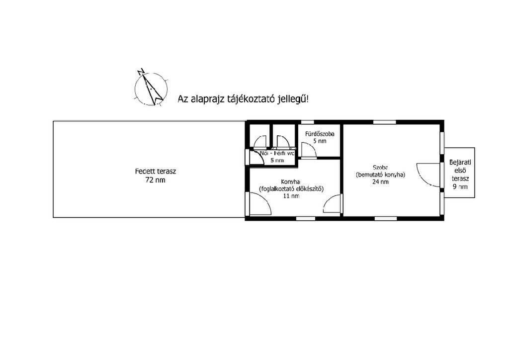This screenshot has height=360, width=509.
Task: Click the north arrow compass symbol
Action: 151,89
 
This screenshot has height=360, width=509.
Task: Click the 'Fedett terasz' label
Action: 156,172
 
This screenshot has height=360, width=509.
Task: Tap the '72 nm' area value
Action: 156,180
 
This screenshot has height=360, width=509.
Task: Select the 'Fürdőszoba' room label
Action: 320,134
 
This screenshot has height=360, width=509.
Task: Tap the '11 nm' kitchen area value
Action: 291,196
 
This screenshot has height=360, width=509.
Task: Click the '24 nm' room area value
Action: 380,182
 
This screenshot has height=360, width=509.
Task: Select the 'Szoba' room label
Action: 380,168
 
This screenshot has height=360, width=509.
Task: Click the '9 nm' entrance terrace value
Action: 460,186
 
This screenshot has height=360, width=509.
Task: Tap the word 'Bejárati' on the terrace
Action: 460,162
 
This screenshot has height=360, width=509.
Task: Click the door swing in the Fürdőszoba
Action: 308,150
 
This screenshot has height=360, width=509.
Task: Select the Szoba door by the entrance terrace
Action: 428,175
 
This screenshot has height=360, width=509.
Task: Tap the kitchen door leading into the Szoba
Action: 332,204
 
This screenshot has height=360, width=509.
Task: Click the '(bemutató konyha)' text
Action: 381,175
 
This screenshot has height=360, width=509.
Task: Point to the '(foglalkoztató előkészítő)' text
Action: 291,189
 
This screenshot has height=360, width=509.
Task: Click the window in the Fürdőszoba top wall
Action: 308,122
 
